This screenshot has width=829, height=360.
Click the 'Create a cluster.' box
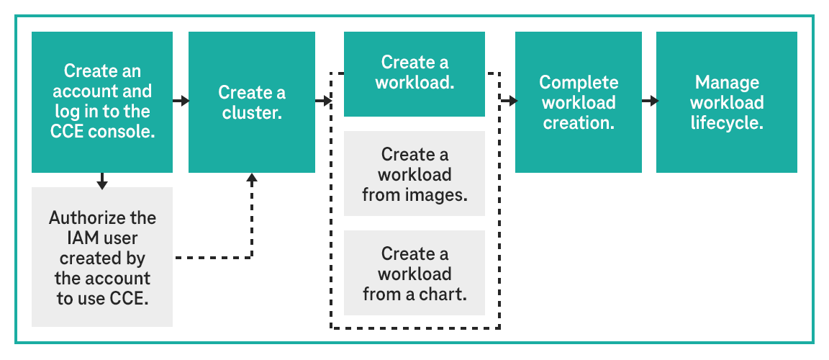point(251,102)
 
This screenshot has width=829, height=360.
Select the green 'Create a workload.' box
point(414,73)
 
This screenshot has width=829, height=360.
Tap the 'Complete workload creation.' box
point(578,102)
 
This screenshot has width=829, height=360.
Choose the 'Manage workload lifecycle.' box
point(726,102)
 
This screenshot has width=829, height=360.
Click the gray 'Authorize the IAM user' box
point(102,257)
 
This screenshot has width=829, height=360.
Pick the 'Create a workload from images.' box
point(414,174)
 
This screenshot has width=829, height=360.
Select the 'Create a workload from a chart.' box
point(414,273)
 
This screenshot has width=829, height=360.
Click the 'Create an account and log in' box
point(102,102)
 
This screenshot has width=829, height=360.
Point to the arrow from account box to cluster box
point(181,102)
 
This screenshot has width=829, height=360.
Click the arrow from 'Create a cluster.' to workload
point(322,102)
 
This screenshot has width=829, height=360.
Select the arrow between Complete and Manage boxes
point(649,102)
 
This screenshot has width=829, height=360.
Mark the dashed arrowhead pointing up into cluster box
point(252,179)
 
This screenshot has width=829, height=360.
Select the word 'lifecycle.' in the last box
point(726,122)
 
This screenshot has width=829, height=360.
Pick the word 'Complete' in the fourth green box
point(579,82)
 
